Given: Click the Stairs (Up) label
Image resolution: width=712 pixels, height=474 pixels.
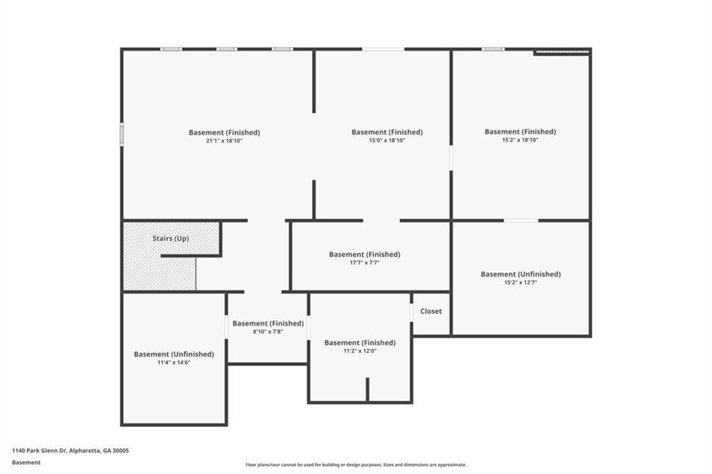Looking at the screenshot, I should pyautogui.click(x=170, y=238).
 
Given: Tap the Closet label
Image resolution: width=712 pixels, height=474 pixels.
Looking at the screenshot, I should pyautogui.click(x=430, y=311).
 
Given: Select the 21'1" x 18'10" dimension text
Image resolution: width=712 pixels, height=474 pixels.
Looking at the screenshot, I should pyautogui.click(x=224, y=140).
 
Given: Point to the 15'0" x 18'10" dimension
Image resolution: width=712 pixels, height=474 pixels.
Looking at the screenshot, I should pyautogui.click(x=387, y=140).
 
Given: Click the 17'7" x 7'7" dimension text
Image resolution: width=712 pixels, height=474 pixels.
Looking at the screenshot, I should pyautogui.click(x=364, y=263).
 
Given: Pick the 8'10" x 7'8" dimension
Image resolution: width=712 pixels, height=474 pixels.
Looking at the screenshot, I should pyautogui.click(x=268, y=332).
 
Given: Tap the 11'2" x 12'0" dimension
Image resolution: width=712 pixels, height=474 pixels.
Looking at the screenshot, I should pyautogui.click(x=359, y=351).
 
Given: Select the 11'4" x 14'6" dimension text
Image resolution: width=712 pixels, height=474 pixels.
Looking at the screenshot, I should pyautogui.click(x=174, y=362).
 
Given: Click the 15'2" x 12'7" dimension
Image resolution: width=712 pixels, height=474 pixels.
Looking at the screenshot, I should pyautogui.click(x=520, y=282).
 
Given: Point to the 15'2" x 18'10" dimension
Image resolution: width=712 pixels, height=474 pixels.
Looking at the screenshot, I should pyautogui.click(x=520, y=140).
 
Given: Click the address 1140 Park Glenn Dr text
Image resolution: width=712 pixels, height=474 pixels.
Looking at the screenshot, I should pyautogui.click(x=70, y=450).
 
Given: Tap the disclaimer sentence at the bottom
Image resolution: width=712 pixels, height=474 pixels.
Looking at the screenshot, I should pyautogui.click(x=355, y=465).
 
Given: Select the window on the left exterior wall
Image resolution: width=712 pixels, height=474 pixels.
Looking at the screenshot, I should pyautogui.click(x=122, y=134).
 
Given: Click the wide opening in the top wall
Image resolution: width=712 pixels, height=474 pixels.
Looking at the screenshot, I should pyautogui.click(x=383, y=49).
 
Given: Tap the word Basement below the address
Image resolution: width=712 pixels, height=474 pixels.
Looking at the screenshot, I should pyautogui.click(x=26, y=462).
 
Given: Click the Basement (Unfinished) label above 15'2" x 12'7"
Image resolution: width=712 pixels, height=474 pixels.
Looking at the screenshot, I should pyautogui.click(x=520, y=274).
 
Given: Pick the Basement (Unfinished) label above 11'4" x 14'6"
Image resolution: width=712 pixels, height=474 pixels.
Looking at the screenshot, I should pyautogui.click(x=174, y=354).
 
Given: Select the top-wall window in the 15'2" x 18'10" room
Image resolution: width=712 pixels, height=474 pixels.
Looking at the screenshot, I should pyautogui.click(x=493, y=49).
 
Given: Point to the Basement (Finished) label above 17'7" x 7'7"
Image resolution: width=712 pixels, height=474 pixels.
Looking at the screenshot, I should pyautogui.click(x=364, y=254).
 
